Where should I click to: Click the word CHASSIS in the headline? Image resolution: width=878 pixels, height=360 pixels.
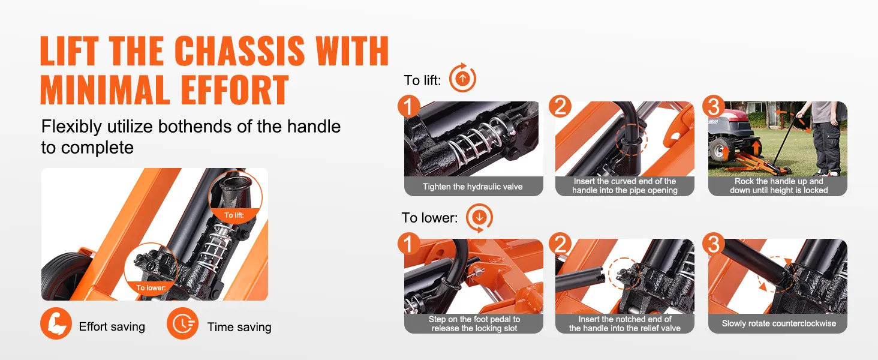click(x=239, y=50)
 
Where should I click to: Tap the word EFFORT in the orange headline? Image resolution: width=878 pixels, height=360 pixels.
click(x=234, y=90)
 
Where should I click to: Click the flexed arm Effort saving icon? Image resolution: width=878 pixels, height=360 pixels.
click(x=56, y=323)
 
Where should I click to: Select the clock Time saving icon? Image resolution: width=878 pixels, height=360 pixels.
click(x=182, y=323)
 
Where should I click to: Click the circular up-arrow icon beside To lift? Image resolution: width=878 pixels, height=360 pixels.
click(x=462, y=79)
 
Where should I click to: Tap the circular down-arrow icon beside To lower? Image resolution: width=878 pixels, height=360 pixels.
click(x=479, y=217)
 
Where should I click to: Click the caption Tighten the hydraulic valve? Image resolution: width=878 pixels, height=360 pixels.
click(x=473, y=187)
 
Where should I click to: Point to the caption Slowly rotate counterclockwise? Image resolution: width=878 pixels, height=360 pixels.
click(x=779, y=323)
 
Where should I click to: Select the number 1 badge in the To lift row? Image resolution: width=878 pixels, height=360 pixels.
click(x=409, y=106)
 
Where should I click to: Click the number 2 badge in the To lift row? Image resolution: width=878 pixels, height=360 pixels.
click(x=560, y=106)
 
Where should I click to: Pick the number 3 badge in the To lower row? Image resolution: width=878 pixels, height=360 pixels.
click(x=714, y=244)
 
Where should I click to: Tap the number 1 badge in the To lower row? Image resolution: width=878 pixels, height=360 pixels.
click(x=409, y=244)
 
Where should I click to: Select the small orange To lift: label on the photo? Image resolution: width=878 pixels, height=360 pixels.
click(x=234, y=215)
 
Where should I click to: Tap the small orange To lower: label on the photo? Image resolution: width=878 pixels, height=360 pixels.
click(x=151, y=288)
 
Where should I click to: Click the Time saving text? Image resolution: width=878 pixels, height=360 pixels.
click(x=239, y=326)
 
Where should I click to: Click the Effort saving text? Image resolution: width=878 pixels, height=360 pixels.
click(x=112, y=326)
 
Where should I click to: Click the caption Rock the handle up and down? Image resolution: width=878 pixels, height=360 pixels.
click(x=779, y=185)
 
